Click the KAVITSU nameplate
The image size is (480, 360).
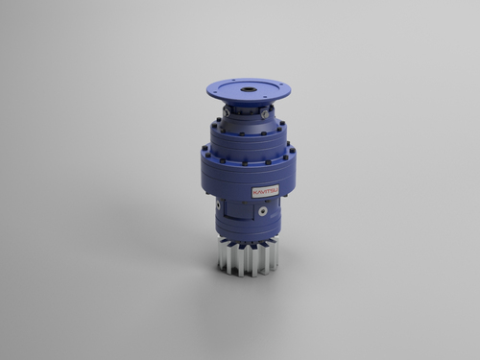pos(266,191)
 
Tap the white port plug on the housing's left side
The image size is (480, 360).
pos(218,206)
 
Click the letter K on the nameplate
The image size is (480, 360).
pos(255,190)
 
